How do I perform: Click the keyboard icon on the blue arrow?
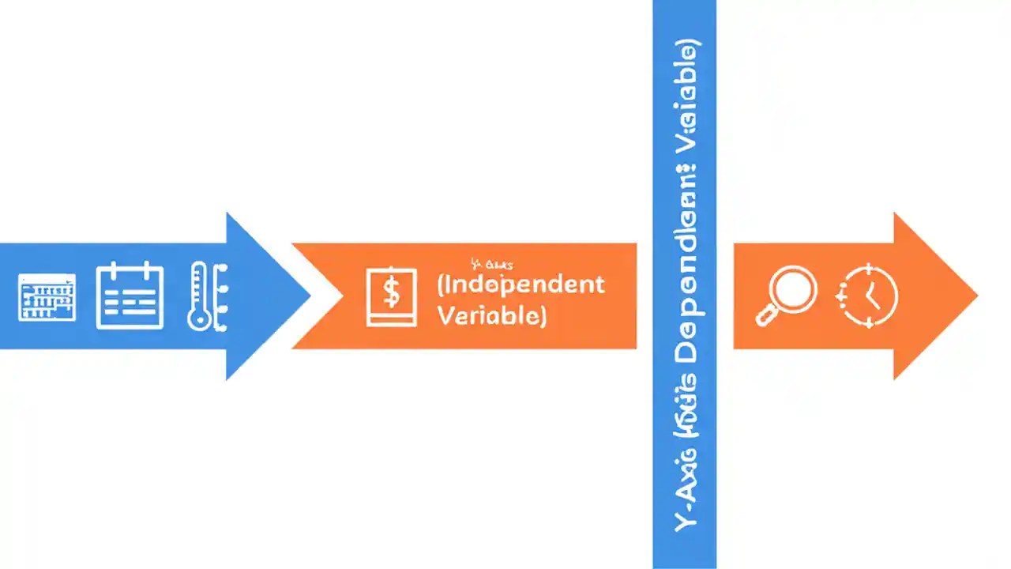(47, 296)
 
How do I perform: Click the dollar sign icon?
(391, 296)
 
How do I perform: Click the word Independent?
(521, 284)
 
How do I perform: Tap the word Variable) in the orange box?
(490, 316)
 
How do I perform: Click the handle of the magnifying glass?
(765, 317)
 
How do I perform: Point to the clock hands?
(872, 297)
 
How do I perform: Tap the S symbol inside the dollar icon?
(391, 295)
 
